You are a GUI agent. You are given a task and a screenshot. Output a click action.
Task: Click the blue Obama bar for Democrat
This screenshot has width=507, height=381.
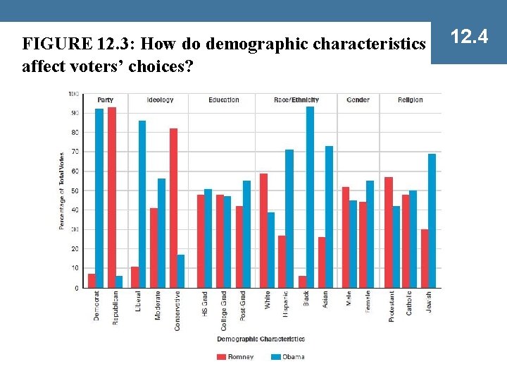[99, 198]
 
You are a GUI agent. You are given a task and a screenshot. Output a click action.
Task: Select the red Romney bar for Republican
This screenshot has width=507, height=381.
[112, 198]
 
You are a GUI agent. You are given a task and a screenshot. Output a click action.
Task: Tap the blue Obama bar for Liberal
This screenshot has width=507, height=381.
[142, 205]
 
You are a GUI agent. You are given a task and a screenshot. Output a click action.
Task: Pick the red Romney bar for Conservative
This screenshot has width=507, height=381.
[173, 208]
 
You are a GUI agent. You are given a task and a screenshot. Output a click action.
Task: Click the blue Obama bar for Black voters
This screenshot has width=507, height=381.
[311, 198]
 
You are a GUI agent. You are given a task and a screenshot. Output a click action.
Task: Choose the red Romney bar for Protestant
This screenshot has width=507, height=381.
[389, 233]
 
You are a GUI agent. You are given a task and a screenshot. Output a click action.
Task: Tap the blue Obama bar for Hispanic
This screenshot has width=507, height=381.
[289, 219]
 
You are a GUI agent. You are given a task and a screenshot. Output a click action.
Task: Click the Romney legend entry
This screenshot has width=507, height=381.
[235, 357]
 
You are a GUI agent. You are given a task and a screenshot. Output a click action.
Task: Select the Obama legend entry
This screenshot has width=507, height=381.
[288, 357]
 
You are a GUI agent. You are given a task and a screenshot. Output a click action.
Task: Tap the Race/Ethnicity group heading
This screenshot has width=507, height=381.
[296, 100]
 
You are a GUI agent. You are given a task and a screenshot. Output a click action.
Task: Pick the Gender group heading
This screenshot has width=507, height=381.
[358, 100]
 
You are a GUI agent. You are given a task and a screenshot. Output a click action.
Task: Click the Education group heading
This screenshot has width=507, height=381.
[224, 100]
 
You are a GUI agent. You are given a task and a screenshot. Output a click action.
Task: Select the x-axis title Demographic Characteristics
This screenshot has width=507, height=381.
[261, 339]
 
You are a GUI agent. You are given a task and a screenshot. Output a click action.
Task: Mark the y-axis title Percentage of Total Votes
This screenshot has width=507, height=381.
[62, 190]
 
